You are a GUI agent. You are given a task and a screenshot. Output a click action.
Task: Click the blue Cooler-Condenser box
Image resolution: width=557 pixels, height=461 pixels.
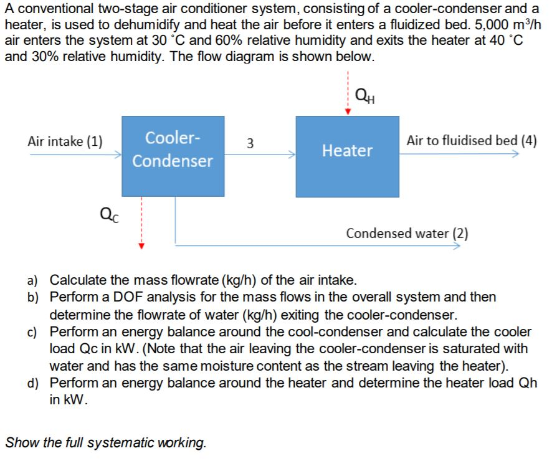click(173, 156)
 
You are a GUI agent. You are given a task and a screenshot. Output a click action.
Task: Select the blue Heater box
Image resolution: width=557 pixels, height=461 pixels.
click(347, 156)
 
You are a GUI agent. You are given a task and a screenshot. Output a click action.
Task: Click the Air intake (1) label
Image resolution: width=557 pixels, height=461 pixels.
click(66, 140)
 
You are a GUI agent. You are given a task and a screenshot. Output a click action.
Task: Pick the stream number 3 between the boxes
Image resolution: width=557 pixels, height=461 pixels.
click(250, 143)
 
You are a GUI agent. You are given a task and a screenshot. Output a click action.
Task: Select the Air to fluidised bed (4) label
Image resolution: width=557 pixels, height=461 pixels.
click(471, 140)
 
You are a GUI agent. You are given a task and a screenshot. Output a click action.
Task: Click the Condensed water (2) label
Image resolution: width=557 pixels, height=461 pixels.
click(407, 234)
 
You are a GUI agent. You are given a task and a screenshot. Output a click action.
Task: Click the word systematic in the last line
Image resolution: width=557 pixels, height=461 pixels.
click(116, 443)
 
